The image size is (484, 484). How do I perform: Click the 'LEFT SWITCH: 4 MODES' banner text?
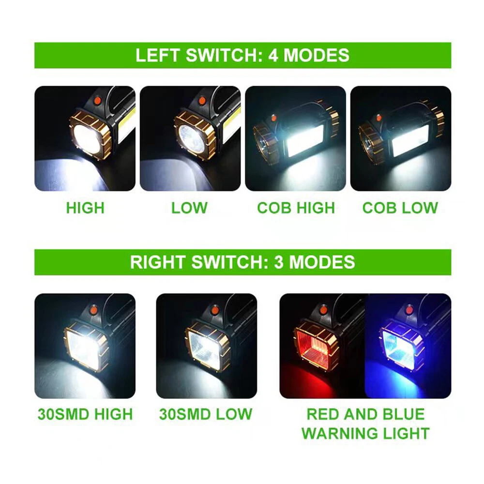pyautogui.click(x=242, y=55)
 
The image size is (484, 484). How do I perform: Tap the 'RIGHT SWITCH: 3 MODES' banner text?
pyautogui.click(x=242, y=262)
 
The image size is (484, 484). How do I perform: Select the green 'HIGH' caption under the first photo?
pyautogui.click(x=85, y=208)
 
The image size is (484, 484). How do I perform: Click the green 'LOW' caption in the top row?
pyautogui.click(x=190, y=208)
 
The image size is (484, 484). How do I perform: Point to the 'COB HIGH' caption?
pyautogui.click(x=296, y=208)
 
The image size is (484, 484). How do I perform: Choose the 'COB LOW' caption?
pyautogui.click(x=400, y=208)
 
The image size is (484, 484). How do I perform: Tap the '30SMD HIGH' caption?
pyautogui.click(x=85, y=414)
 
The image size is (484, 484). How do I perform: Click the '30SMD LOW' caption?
pyautogui.click(x=206, y=414)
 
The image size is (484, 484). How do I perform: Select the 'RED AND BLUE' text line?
pyautogui.click(x=365, y=414)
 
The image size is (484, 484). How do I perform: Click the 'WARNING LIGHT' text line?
pyautogui.click(x=365, y=433)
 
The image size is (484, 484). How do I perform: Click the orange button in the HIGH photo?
pyautogui.click(x=97, y=100)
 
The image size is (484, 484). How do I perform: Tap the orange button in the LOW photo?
pyautogui.click(x=202, y=100)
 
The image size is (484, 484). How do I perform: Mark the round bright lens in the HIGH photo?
pyautogui.click(x=88, y=138)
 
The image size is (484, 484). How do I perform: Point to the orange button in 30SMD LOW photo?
pyautogui.click(x=213, y=310)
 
